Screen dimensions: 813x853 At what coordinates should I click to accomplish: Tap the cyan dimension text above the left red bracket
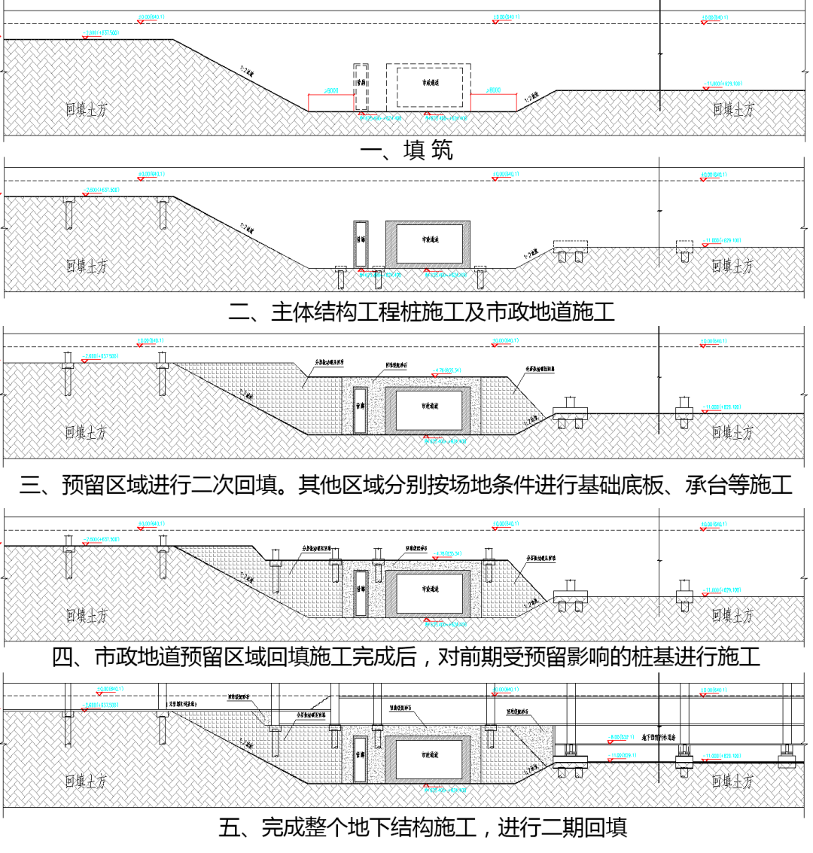331,91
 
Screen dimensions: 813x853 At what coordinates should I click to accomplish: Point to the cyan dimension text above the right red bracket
494,90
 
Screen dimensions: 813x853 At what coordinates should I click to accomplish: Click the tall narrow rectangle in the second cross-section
361,244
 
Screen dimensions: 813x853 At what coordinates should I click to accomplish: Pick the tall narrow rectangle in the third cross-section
361,410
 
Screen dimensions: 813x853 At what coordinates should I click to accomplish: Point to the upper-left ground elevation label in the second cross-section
101,190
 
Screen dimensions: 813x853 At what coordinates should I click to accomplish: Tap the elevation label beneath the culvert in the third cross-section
446,440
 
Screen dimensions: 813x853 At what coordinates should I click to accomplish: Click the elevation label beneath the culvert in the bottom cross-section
446,790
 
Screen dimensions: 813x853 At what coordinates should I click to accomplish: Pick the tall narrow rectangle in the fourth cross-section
361,593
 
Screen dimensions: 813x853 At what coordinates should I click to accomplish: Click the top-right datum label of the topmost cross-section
714,17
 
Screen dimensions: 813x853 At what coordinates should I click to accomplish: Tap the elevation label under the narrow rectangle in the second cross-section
380,275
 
